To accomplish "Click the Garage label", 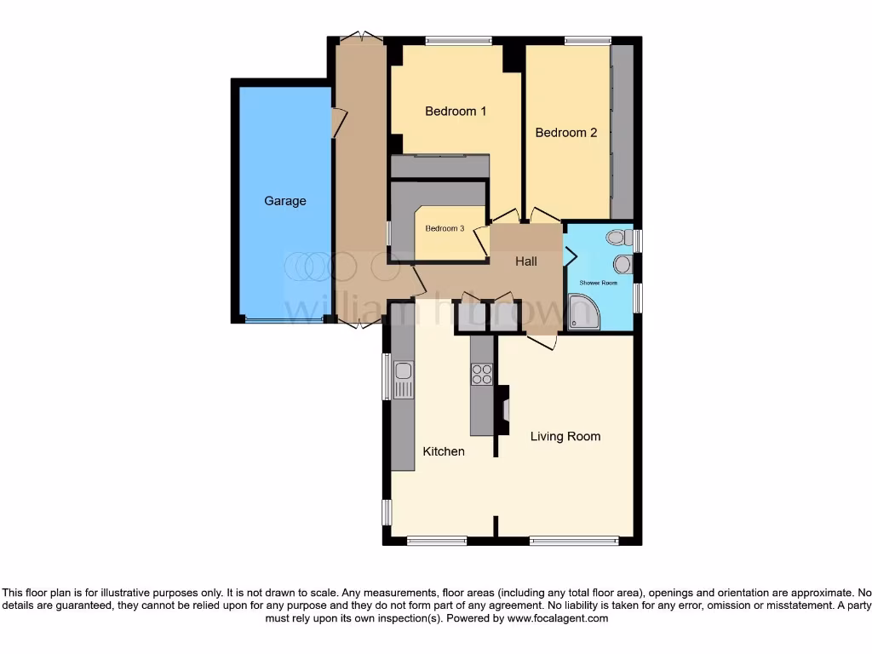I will (x=284, y=201).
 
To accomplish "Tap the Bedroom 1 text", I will (x=456, y=112).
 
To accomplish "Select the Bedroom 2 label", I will (x=565, y=133).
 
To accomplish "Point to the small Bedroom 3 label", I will (x=445, y=228).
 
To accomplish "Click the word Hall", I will (x=525, y=262).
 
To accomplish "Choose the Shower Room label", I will (x=598, y=283).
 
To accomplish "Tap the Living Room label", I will (x=565, y=437).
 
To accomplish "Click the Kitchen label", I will (x=444, y=451).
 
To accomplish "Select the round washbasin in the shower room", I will (x=622, y=264).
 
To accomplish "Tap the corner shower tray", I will (x=583, y=312).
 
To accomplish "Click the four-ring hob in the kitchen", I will (x=481, y=374).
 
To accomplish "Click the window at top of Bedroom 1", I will (x=459, y=40).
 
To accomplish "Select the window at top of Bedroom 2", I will (x=588, y=40).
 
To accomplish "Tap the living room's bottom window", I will (x=574, y=540).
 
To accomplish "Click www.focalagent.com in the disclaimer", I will (x=558, y=619).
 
